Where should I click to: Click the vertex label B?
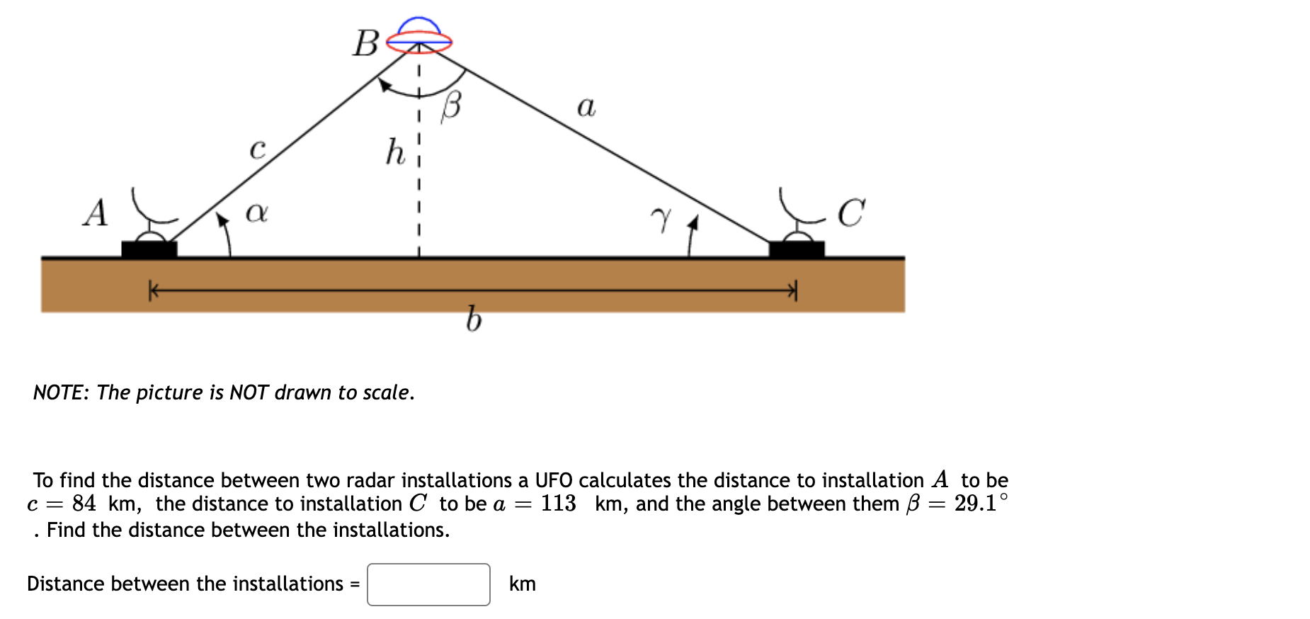[366, 43]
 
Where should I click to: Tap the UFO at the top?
[419, 37]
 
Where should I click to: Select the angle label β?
[451, 107]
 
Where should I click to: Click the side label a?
[586, 107]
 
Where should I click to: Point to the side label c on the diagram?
[258, 149]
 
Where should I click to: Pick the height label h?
[395, 152]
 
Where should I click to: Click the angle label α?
[256, 212]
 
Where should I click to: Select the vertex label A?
[96, 212]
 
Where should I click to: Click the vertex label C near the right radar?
[850, 212]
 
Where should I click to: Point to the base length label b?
[474, 319]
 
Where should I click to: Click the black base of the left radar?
[149, 249]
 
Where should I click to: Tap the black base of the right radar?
[797, 249]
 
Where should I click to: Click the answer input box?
[428, 584]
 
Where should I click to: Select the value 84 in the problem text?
[84, 504]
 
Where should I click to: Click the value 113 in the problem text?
[558, 504]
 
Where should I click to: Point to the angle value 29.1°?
[981, 503]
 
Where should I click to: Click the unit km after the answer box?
[523, 584]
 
